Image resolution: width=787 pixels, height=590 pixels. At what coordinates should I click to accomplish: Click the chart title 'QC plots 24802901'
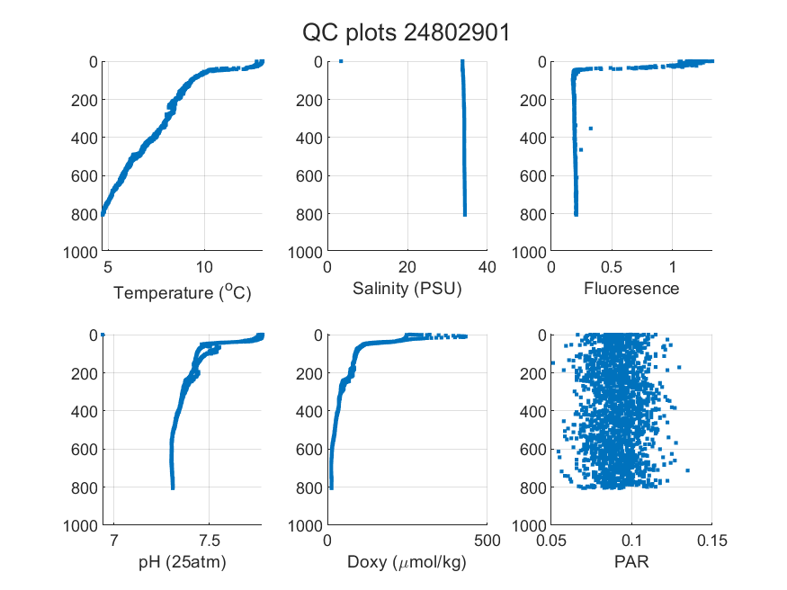coord(406,33)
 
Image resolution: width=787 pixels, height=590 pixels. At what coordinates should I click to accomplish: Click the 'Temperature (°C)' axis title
coord(183,292)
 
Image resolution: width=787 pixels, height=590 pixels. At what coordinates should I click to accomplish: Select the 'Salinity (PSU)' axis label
coord(407,289)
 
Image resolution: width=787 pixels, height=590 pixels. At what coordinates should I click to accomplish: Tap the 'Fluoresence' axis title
coord(631,289)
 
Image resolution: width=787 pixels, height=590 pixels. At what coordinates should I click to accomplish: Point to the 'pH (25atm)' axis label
coord(183,562)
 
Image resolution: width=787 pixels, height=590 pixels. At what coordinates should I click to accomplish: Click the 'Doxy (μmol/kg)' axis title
coord(407,562)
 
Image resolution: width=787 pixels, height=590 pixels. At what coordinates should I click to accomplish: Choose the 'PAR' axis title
coord(631,561)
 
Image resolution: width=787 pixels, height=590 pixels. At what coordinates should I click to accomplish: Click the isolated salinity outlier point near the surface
coord(341,61)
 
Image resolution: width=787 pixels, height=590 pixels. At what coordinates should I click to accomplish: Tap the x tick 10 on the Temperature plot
coord(204,267)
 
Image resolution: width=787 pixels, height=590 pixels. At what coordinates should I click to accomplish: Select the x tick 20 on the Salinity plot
coord(407,267)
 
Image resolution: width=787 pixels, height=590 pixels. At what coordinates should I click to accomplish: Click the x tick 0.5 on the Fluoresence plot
coord(612,267)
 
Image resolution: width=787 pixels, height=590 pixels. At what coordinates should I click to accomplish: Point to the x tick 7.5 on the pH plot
coord(209,541)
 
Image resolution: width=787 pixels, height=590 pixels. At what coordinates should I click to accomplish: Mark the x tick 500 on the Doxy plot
coord(487,541)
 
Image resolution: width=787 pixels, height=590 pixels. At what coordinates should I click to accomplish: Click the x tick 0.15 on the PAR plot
coord(711,541)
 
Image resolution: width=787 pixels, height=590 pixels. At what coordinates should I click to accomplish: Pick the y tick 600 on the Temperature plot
coord(85,176)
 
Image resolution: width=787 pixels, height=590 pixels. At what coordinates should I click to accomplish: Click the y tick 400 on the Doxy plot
coord(309,411)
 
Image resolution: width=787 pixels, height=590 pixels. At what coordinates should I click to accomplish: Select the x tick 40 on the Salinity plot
coord(487,267)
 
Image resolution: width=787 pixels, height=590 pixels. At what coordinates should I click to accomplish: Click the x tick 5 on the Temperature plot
coord(108,267)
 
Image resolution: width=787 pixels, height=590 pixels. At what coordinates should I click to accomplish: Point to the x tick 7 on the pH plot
coord(114,541)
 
